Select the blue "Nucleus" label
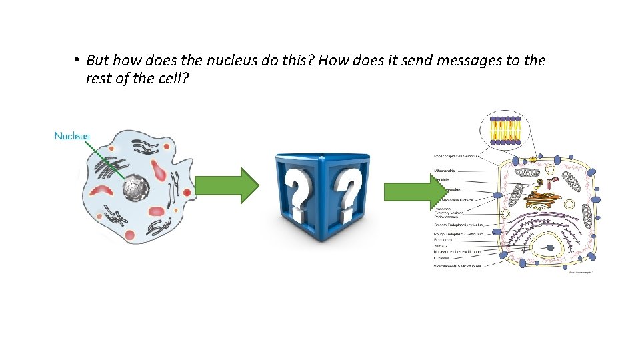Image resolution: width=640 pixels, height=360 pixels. point(71,136)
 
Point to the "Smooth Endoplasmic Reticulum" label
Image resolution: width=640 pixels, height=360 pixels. point(459,225)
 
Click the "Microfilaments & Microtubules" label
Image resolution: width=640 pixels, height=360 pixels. point(458,265)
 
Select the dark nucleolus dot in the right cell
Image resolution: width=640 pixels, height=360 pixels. point(550,248)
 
